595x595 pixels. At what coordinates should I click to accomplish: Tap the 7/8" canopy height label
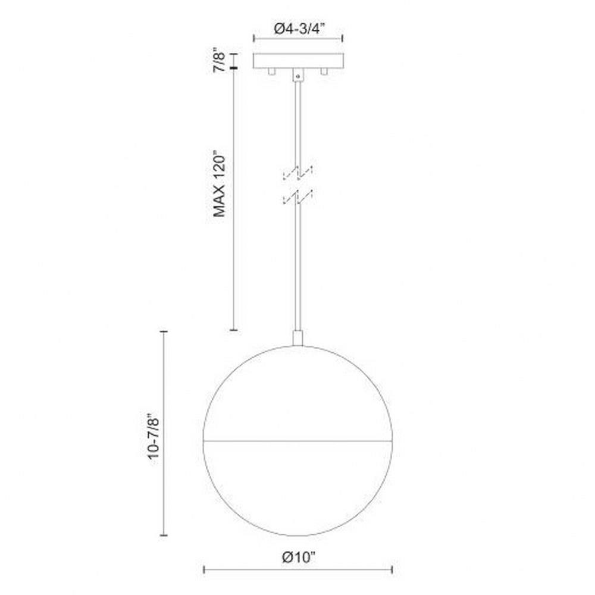(x=220, y=60)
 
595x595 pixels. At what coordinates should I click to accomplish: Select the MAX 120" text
(x=220, y=186)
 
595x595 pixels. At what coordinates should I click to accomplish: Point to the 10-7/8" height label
(x=154, y=438)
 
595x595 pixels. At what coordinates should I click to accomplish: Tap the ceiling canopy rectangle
(x=298, y=61)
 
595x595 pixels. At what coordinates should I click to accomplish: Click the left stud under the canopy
(x=271, y=71)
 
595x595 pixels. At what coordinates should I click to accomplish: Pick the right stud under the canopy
(x=324, y=71)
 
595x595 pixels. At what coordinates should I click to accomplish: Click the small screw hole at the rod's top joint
(x=298, y=76)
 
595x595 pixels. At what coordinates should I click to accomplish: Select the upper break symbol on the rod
(x=298, y=173)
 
